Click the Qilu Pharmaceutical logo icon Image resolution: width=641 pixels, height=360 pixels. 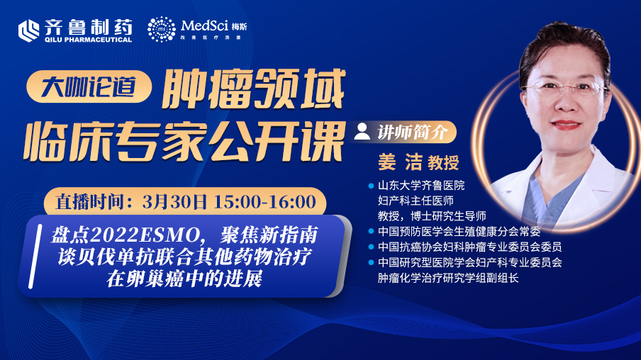click(28, 30)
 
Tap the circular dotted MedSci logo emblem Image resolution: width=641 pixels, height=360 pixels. click(162, 30)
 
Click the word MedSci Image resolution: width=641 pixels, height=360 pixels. click(204, 26)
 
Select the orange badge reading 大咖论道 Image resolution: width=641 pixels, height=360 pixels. click(89, 86)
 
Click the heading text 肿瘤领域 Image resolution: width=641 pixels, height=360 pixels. click(253, 89)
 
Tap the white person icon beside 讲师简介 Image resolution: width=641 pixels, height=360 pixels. click(362, 131)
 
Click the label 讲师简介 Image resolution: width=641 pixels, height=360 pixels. click(412, 132)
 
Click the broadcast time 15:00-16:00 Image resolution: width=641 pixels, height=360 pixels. click(265, 202)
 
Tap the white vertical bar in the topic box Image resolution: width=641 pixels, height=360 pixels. click(35, 256)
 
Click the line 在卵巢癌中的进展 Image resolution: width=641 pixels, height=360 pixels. click(184, 279)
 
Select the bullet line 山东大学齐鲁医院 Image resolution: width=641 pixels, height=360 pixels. click(421, 186)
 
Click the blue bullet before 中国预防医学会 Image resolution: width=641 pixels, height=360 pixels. click(371, 231)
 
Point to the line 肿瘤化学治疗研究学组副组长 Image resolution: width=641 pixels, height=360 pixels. click(448, 278)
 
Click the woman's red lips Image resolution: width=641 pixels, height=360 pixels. click(565, 124)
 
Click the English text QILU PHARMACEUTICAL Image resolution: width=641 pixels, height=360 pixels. click(89, 40)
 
